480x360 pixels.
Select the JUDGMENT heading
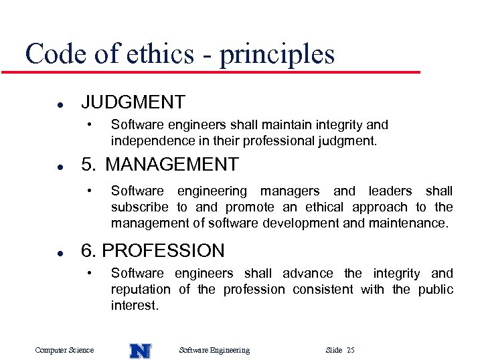click(x=133, y=102)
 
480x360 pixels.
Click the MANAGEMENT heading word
click(x=172, y=164)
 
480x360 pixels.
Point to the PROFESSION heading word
click(x=163, y=251)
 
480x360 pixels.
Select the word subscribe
click(x=140, y=207)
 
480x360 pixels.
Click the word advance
click(x=307, y=273)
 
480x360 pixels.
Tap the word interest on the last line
click(x=134, y=306)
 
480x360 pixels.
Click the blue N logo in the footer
click(x=141, y=350)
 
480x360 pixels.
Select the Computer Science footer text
click(x=64, y=350)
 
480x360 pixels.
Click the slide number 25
click(x=351, y=350)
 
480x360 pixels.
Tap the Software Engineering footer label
click(x=214, y=350)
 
